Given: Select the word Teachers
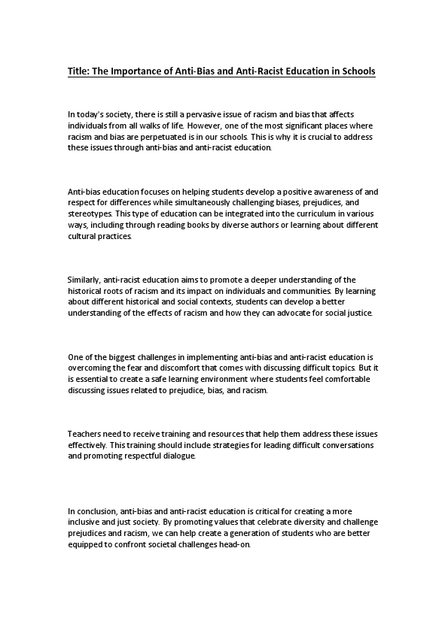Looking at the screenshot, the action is pyautogui.click(x=85, y=435).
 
